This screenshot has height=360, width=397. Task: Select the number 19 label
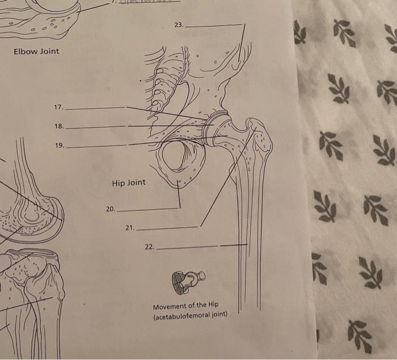click(59, 146)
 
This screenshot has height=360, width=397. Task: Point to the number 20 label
click(110, 209)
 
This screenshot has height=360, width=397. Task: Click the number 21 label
click(129, 228)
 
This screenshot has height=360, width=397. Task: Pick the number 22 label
click(149, 247)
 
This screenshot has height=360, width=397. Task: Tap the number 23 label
click(179, 26)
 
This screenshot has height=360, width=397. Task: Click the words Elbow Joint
click(36, 52)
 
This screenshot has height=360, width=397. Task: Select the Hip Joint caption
click(129, 183)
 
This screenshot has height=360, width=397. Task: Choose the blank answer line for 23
click(213, 26)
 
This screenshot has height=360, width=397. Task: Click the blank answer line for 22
click(187, 248)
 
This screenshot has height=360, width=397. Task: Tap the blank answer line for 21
click(167, 228)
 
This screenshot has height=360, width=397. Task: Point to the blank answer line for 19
click(96, 146)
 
